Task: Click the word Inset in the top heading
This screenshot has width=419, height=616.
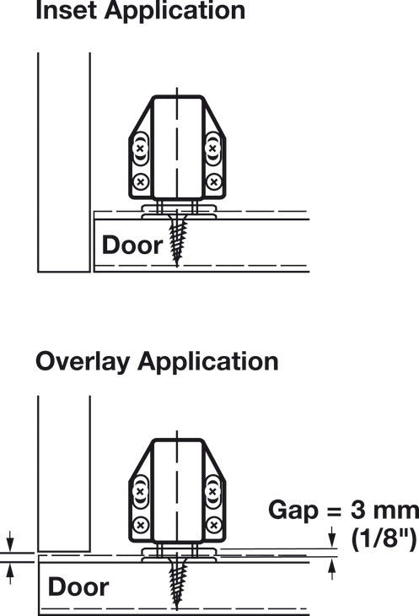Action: point(66,10)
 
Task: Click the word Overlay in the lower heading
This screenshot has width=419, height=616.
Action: point(83,362)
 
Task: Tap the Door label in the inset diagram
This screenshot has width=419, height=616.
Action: point(132,245)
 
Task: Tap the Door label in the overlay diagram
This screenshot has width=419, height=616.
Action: point(78,586)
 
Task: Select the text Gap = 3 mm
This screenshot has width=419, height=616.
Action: point(344,511)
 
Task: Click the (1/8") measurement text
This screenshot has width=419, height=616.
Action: point(384,539)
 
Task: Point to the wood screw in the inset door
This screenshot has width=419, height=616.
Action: point(176,239)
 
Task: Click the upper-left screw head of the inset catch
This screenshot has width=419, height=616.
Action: point(140,149)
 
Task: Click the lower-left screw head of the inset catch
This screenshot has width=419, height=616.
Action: point(140,182)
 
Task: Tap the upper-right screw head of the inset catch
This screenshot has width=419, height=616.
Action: point(212,149)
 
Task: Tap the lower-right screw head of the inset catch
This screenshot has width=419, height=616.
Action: point(213,182)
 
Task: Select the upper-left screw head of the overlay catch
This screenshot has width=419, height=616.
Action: point(140,491)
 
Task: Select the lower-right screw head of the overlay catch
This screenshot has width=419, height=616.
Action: point(213,525)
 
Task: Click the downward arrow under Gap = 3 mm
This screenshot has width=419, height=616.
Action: point(332,537)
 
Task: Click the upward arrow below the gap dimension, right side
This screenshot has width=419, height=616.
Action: point(332,570)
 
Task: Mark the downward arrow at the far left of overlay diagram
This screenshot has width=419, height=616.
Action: point(10,541)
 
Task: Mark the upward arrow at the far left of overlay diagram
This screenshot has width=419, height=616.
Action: point(10,574)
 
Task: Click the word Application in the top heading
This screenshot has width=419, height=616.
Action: point(175,10)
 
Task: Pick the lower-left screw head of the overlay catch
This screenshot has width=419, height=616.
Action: point(141,525)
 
